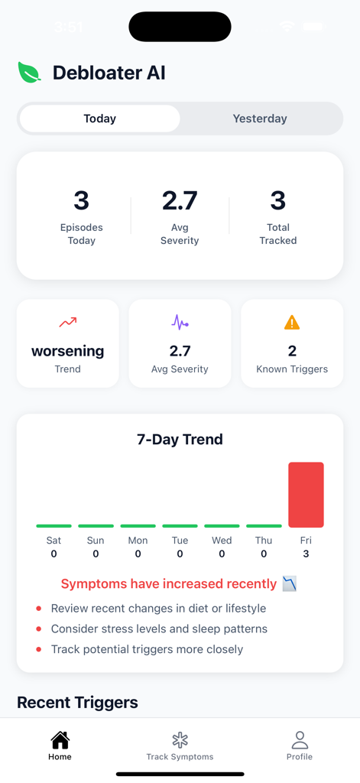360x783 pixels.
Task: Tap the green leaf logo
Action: (30, 73)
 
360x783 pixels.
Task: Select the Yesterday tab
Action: (260, 119)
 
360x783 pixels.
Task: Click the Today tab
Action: (100, 119)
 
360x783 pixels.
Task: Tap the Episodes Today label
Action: (82, 234)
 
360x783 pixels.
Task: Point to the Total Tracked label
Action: (278, 234)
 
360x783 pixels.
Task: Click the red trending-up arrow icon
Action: (68, 323)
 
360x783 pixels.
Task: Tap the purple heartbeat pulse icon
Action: (180, 323)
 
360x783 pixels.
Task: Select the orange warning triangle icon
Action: (292, 323)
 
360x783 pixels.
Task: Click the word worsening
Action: (68, 351)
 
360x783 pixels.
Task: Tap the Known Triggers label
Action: (292, 369)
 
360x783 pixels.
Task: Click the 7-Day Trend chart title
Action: (180, 439)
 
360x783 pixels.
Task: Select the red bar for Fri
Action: (306, 495)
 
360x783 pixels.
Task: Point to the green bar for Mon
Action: (138, 526)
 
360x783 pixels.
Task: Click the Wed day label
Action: (222, 540)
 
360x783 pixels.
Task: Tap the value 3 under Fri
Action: (306, 554)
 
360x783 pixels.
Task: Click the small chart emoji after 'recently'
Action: (290, 584)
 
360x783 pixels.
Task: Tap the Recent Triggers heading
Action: (77, 702)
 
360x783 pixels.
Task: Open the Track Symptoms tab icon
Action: (180, 739)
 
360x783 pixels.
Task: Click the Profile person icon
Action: (300, 739)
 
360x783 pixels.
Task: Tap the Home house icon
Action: (60, 739)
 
